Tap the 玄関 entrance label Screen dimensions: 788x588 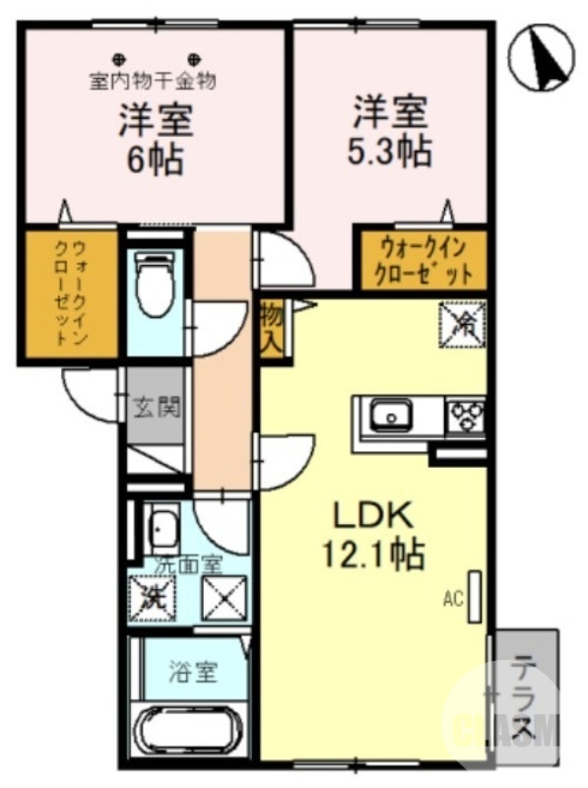156,405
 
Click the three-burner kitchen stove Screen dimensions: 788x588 466,417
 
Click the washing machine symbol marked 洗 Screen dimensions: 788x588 153,594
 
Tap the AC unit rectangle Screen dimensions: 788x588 475,596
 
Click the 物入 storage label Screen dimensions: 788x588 272,329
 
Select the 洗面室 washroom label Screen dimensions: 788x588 189,565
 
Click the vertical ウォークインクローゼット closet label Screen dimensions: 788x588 70,294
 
